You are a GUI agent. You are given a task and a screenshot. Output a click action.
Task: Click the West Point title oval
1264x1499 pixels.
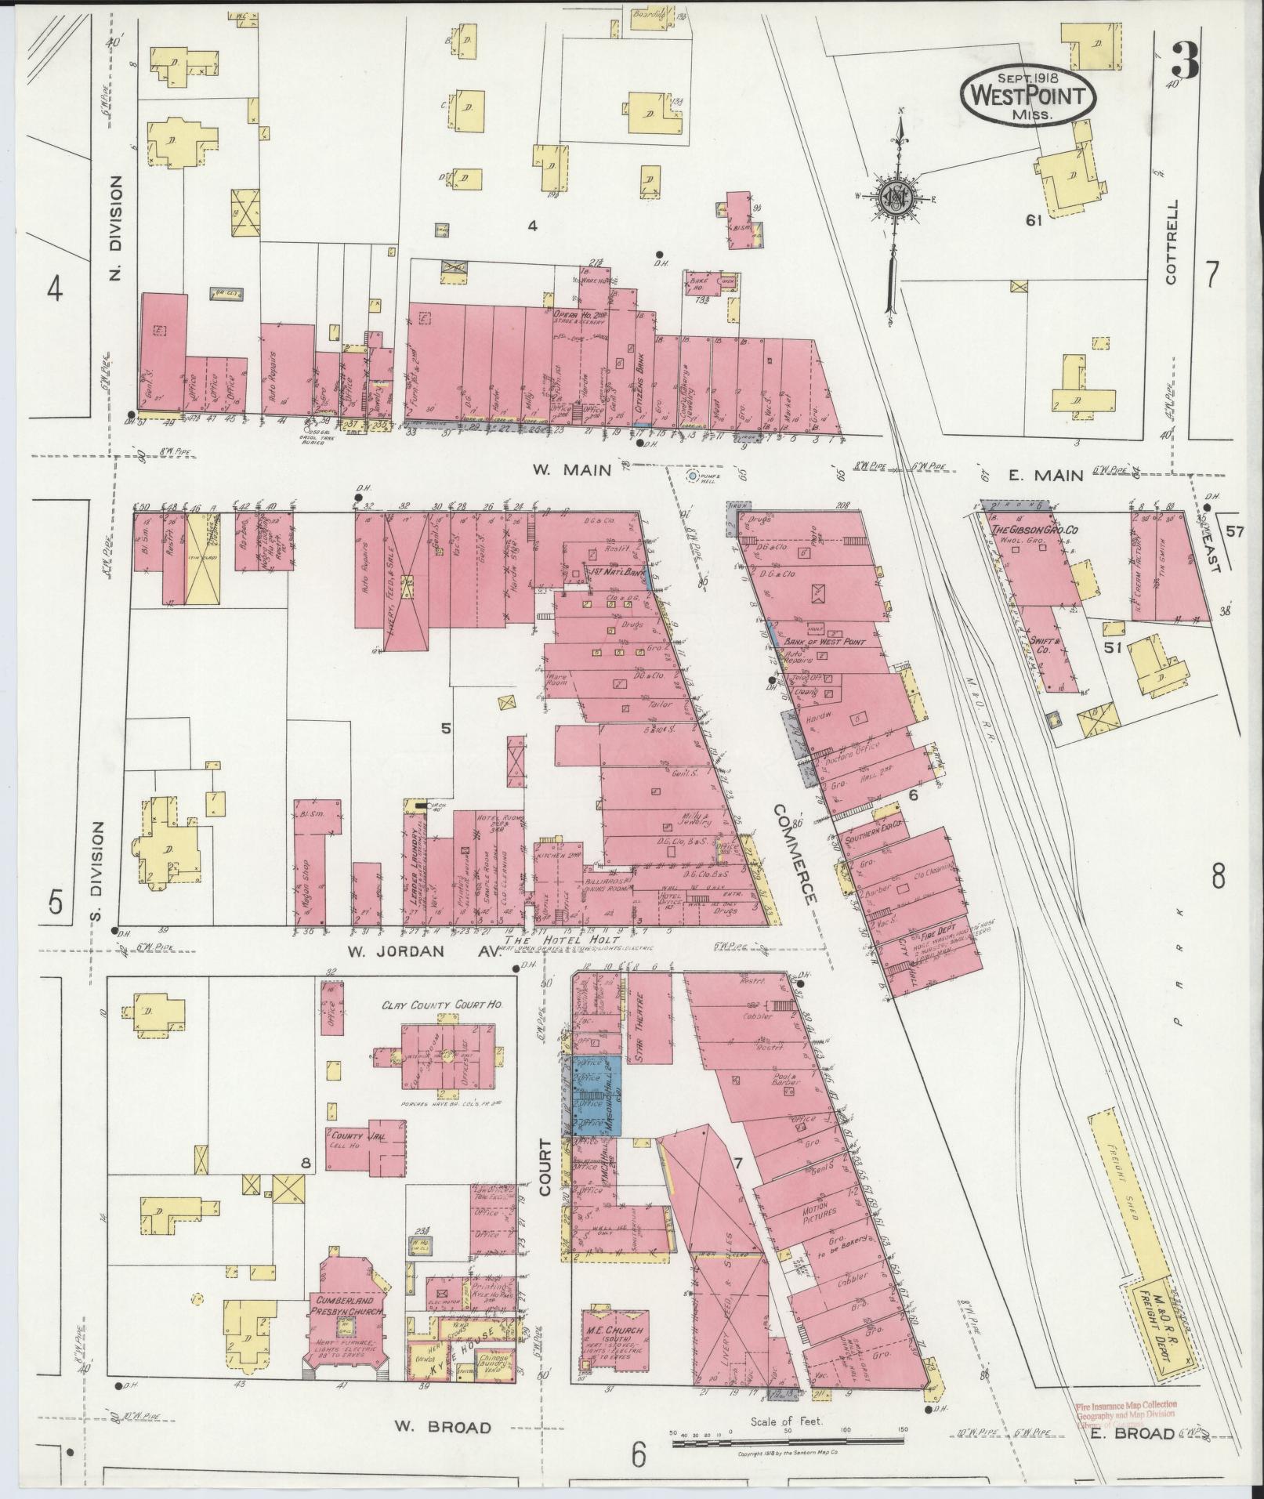coord(1028,95)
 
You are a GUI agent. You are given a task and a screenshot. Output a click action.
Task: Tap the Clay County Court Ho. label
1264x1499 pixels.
coord(442,1005)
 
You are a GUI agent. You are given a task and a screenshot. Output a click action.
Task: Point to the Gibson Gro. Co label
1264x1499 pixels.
coord(1034,530)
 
